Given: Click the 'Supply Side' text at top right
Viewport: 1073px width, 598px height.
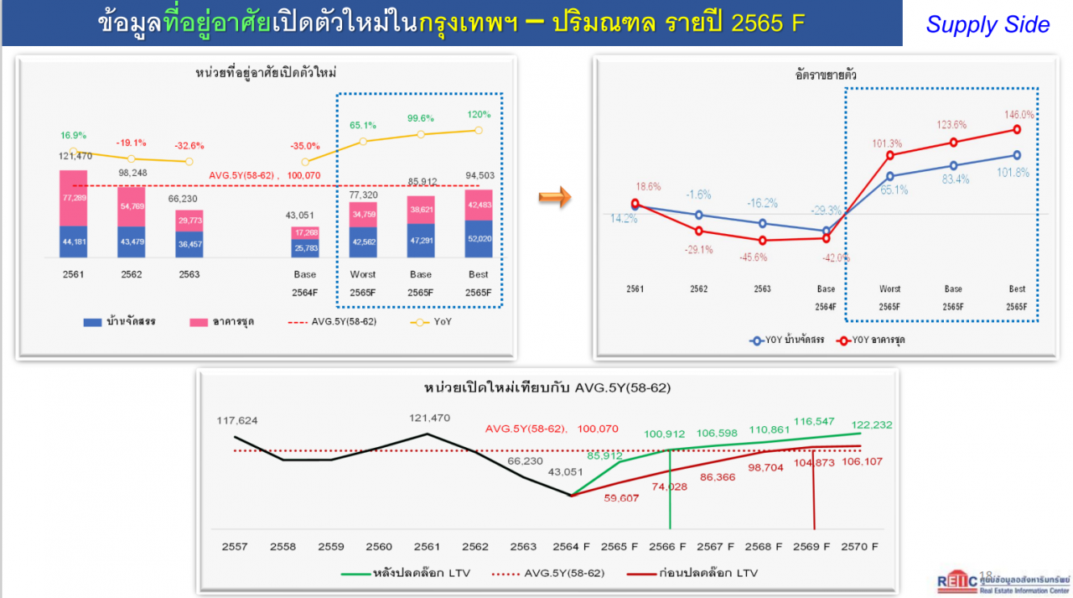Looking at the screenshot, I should click(x=987, y=24).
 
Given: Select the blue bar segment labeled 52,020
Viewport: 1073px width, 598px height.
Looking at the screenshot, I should click(x=479, y=238).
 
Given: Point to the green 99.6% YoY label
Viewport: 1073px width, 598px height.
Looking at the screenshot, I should click(x=420, y=119).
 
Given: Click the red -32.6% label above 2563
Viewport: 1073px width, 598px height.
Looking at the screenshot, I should click(x=189, y=145).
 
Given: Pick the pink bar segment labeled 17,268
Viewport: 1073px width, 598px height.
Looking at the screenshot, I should click(x=305, y=232).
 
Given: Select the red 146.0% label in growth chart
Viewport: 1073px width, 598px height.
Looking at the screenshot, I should click(x=1018, y=114).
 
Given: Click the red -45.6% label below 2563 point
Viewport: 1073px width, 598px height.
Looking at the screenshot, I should click(x=763, y=257).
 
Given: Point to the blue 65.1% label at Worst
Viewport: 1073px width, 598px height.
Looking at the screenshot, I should click(x=889, y=190).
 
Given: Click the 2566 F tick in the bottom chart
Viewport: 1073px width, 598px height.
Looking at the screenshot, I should click(x=669, y=546).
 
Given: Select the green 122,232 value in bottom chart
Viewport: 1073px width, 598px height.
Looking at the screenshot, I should click(x=872, y=425).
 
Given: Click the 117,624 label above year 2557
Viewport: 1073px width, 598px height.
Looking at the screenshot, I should click(x=237, y=420).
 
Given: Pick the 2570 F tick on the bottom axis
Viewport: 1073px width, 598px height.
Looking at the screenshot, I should click(x=860, y=546).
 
